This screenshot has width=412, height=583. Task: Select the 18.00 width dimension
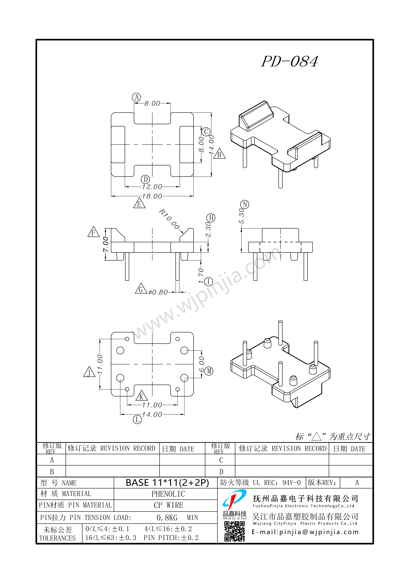[x=152, y=196]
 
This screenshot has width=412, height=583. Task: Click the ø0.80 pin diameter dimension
[x=158, y=292]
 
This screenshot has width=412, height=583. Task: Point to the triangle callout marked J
[x=89, y=372]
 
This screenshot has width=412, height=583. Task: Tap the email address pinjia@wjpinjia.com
[x=305, y=532]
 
